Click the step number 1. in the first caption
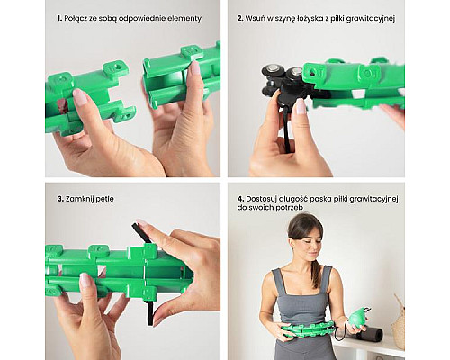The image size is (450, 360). pos(59,18)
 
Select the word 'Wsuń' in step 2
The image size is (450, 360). pos(255,18)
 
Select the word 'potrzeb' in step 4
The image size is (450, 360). pos(291,208)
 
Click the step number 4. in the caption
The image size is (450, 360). pos(240,199)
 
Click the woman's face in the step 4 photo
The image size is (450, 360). pos(309,241)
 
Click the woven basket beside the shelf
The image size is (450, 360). pos(399,322)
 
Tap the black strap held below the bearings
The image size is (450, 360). pos(287,132)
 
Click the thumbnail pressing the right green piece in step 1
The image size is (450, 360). pos(195,67)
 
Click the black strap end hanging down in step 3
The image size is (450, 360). pos(149,313)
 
